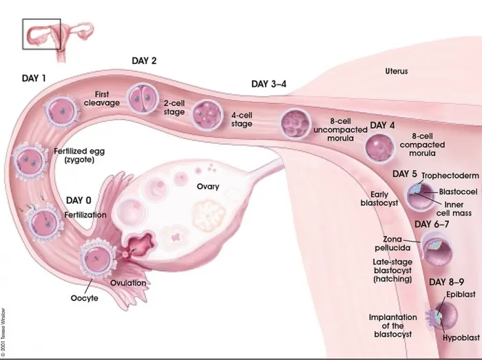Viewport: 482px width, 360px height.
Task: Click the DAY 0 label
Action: [78, 200]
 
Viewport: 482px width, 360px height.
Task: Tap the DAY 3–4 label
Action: [269, 84]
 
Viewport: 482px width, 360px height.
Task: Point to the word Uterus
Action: [396, 71]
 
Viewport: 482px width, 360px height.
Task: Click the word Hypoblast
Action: [461, 338]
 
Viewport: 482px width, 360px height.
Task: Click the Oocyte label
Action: [85, 298]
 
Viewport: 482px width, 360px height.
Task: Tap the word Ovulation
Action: [128, 282]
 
